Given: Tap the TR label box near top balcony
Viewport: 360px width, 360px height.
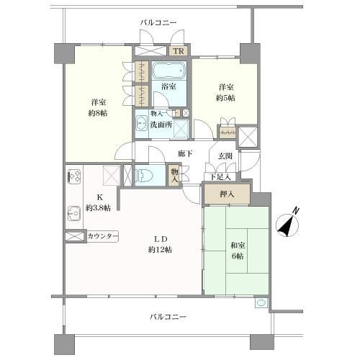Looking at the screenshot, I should point(177,52).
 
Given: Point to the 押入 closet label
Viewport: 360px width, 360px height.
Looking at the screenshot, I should point(227,193).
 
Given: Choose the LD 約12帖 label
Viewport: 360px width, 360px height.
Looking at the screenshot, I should point(160,244).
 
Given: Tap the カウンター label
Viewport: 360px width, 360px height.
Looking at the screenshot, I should point(103,236).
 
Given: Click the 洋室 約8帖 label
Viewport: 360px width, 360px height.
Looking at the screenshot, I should point(99,107).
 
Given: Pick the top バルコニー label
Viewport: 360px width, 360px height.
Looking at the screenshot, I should point(158,23).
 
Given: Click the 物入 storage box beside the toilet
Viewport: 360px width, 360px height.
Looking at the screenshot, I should point(174,175).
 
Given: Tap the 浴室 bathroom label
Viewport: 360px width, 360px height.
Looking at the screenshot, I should point(169,87).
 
